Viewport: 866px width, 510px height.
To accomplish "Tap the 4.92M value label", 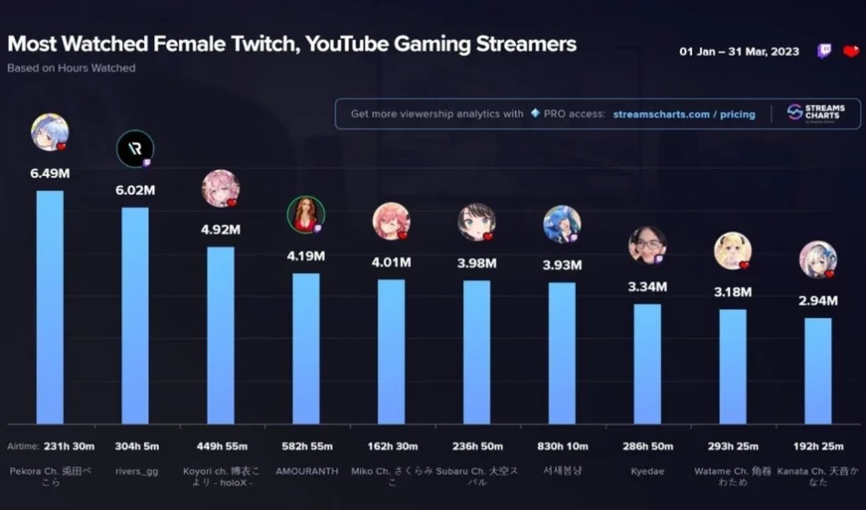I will (x=221, y=229).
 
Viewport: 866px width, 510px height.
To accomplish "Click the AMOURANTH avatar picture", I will (x=305, y=215).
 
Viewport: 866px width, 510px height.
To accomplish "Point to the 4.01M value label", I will (x=391, y=262).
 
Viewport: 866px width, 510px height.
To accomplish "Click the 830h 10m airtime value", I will (x=562, y=446).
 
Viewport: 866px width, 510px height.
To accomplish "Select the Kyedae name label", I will (x=647, y=471).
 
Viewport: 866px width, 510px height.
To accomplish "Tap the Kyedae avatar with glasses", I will (x=647, y=244).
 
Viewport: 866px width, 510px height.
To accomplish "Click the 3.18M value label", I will (x=733, y=292).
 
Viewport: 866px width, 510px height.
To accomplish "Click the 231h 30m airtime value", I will (x=49, y=446).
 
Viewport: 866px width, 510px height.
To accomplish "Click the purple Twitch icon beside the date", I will (x=824, y=51).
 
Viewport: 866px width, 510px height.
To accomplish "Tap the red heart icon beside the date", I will (x=851, y=51).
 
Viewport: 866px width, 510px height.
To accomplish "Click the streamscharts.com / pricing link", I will (x=684, y=114).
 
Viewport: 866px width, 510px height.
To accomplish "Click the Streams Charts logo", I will (x=816, y=113).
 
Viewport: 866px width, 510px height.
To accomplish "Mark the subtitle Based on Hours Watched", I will (x=71, y=68).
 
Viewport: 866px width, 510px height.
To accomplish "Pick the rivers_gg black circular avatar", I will (x=135, y=148).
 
